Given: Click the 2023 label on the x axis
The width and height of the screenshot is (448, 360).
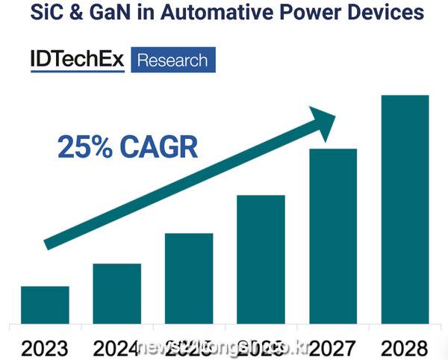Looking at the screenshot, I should [45, 347].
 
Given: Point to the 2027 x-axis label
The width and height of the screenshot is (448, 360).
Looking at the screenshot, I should [333, 347].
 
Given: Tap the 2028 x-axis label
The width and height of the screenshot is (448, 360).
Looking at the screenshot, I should [404, 347].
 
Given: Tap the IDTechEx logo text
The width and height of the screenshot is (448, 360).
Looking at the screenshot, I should [78, 59].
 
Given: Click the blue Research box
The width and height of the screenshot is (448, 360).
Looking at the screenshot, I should [173, 60].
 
